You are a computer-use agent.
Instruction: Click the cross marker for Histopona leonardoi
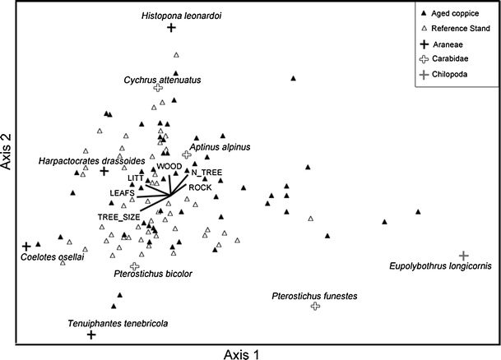[172, 28]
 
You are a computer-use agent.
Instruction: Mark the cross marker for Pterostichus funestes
[315, 306]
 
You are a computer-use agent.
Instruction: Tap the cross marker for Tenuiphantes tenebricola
[91, 335]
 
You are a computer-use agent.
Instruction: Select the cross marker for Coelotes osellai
[26, 246]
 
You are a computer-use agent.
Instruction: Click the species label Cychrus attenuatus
[163, 80]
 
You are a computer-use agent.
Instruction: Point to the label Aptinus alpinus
[220, 147]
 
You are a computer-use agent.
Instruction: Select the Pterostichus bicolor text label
[151, 282]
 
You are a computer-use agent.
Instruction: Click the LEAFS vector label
[123, 192]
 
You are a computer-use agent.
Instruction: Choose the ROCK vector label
[201, 187]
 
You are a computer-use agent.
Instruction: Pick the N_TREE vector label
[206, 172]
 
